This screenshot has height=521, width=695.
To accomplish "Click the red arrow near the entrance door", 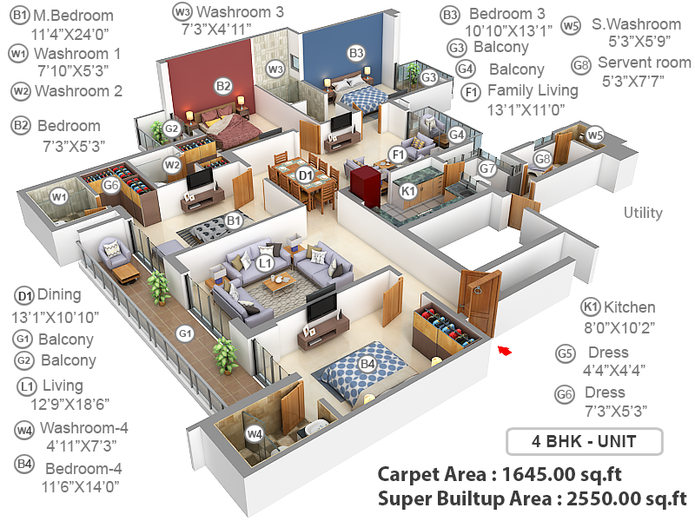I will tap(505, 350).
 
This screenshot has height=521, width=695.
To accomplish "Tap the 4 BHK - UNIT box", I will tap(584, 441).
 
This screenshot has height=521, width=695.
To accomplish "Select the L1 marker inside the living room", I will tap(266, 261).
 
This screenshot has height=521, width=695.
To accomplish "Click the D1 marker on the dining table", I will tap(305, 175).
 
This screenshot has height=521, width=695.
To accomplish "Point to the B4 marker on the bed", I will tap(367, 363).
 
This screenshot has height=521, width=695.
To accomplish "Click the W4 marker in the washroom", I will tap(254, 433).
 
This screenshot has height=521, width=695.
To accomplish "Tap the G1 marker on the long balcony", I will tap(185, 333).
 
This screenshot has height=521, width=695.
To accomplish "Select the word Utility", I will tap(643, 213).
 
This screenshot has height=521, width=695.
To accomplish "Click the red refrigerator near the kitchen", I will tap(361, 183).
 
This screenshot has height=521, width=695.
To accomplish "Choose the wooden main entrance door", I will tap(481, 302).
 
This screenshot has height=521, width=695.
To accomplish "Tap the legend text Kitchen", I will tap(630, 307).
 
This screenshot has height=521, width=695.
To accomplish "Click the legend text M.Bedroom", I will tap(73, 16).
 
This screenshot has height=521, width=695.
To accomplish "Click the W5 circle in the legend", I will tap(571, 26).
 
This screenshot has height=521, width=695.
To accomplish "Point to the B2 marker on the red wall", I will tap(223, 85).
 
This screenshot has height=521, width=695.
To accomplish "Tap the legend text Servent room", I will tap(644, 63).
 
